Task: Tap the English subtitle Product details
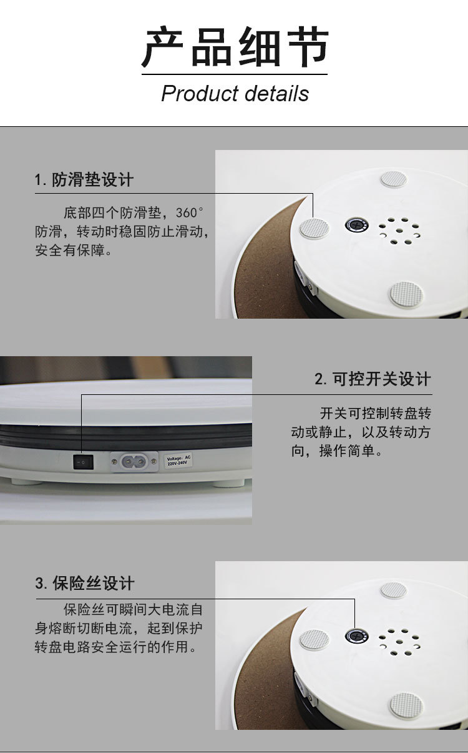235,94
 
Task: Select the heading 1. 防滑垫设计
84,181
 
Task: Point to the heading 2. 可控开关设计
373,379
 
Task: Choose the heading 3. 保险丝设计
85,584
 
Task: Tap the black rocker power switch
83,462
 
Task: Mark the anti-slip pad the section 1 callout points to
314,228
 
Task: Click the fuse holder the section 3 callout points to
357,636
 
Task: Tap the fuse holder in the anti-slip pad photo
357,225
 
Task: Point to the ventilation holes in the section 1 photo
395,231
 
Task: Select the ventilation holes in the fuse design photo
395,642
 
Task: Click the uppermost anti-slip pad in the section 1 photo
393,179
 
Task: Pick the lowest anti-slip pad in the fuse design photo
406,706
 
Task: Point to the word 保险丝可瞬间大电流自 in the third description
133,609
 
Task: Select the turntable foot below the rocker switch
24,482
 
